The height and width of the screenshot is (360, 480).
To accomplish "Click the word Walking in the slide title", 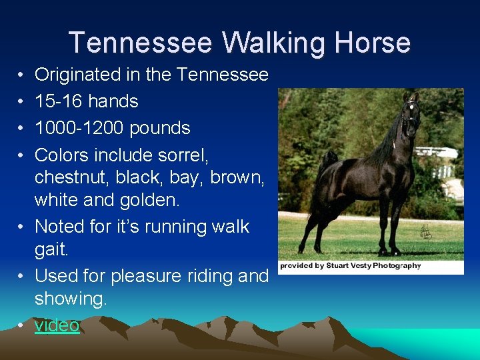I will (x=272, y=43).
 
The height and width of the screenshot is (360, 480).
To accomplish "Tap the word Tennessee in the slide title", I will (x=141, y=43).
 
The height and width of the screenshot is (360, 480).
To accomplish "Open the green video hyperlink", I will (x=57, y=325).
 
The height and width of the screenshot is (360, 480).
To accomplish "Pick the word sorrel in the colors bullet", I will (x=185, y=155).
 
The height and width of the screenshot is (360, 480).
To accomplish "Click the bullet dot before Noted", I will (x=21, y=227).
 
